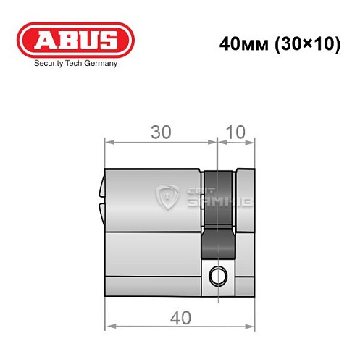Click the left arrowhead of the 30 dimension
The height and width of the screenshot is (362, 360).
point(109,142)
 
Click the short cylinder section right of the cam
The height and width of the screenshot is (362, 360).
point(245,232)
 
